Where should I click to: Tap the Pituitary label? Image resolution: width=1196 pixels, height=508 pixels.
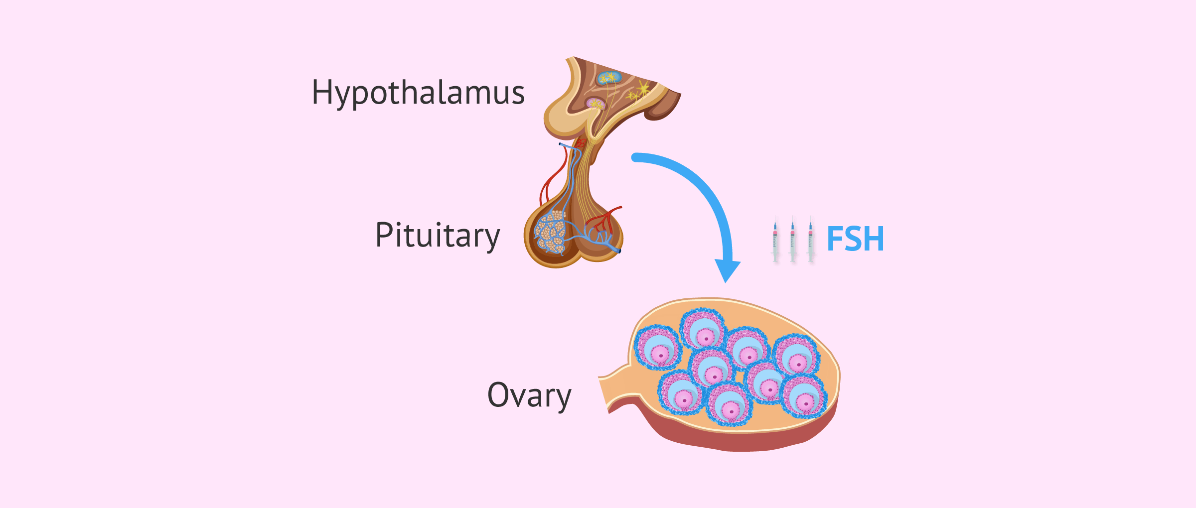437,236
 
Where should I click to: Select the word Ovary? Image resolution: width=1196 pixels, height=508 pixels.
529,395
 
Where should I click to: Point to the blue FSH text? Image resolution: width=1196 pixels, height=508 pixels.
855,239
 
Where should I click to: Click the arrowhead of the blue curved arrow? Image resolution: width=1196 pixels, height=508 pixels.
727,271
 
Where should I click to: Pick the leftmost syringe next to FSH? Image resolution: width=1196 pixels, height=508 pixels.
775,239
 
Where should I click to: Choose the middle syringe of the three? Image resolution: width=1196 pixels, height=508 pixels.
793,239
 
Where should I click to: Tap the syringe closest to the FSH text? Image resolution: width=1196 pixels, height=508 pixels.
811,239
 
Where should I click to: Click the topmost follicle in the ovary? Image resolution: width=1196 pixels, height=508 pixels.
703,329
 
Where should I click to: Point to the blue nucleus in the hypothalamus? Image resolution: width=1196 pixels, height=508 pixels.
609,78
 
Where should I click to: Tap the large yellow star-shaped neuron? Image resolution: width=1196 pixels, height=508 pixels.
643,89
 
